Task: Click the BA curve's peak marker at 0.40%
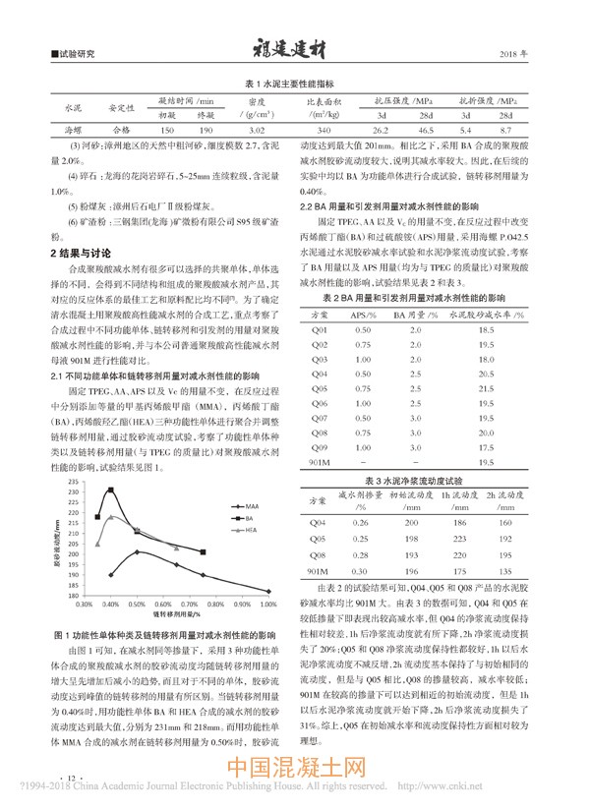click(111, 490)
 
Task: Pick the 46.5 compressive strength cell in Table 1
click(426, 129)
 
